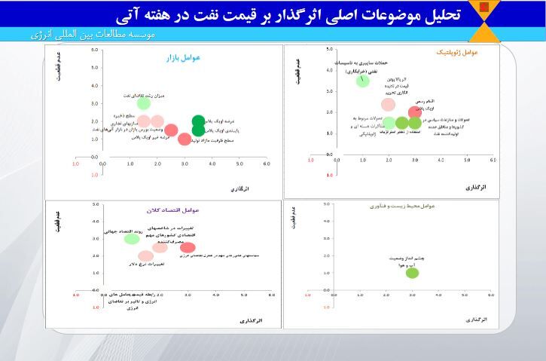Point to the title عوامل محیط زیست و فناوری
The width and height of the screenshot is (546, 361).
[403, 206]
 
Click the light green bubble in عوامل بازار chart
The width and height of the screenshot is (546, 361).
[144, 104]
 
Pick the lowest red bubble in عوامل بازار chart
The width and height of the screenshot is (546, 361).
[185, 139]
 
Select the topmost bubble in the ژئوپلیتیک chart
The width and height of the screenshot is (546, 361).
[363, 81]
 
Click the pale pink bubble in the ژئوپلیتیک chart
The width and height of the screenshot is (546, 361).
[388, 105]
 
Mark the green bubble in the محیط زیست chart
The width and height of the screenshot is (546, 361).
[412, 272]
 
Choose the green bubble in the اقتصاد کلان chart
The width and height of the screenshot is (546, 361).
[132, 239]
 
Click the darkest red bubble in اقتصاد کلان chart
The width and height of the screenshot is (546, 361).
[188, 247]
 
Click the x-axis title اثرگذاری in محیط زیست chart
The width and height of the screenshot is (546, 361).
[476, 320]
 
